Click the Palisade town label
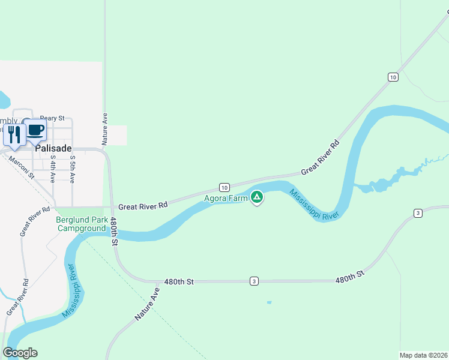(53, 148)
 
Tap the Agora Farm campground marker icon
(257, 196)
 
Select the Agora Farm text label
(226, 198)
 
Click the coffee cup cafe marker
(35, 130)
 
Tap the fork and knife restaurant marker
(14, 134)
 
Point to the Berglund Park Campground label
(81, 224)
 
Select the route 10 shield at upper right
(393, 77)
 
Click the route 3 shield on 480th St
(255, 281)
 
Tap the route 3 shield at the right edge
(418, 213)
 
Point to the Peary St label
(52, 119)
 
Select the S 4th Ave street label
(53, 169)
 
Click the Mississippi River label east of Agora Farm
(314, 206)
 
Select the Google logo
(20, 353)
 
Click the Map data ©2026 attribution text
(423, 355)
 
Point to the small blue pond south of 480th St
(269, 302)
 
